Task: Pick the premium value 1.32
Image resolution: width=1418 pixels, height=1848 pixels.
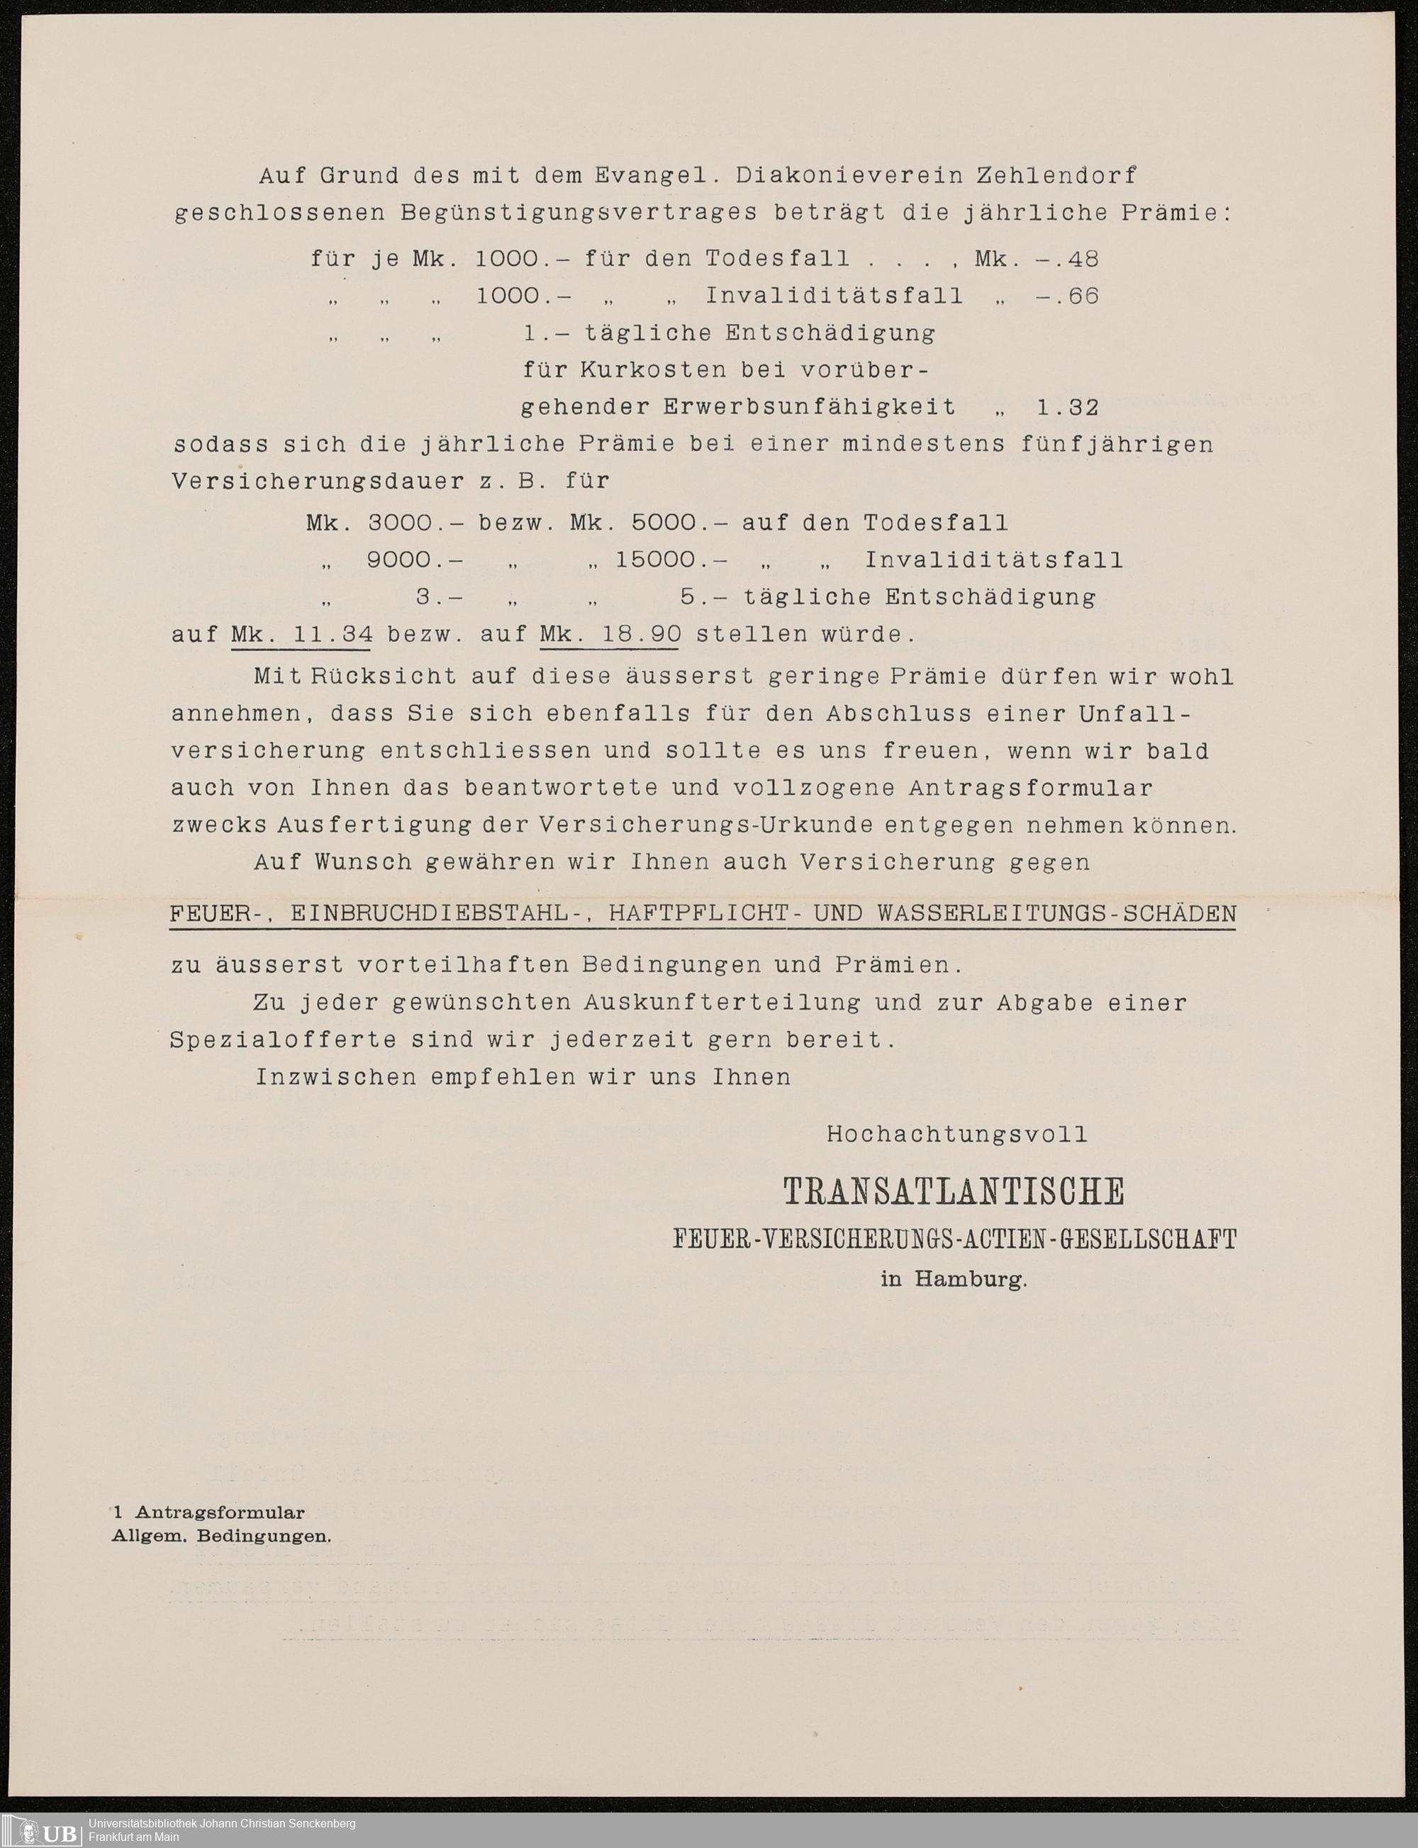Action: pos(1067,408)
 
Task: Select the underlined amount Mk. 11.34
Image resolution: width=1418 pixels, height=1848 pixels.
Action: pos(301,634)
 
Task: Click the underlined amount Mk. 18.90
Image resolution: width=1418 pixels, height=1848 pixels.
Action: pos(610,634)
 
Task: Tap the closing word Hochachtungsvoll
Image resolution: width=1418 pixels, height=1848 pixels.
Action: pos(957,1135)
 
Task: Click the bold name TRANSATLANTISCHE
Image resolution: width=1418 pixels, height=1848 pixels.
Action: pos(954,1192)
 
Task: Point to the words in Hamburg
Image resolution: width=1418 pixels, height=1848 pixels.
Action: pos(954,1279)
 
